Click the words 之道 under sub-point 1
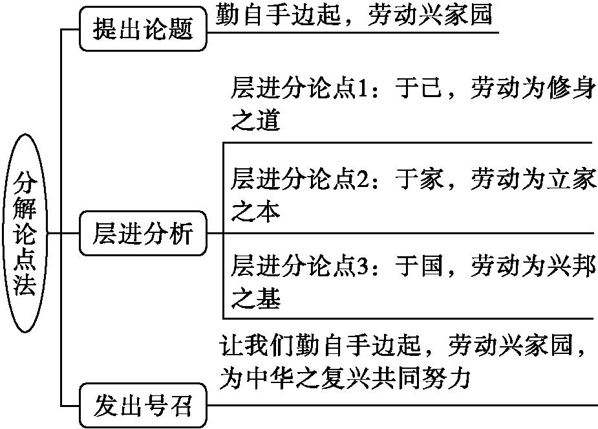tap(255, 120)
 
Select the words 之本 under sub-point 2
tap(255, 211)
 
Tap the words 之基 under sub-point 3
tap(255, 298)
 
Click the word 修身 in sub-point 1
tap(571, 88)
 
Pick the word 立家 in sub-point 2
tap(571, 179)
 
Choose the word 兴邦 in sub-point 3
tap(571, 265)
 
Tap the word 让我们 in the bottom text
tap(257, 346)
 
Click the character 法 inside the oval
tap(25, 284)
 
